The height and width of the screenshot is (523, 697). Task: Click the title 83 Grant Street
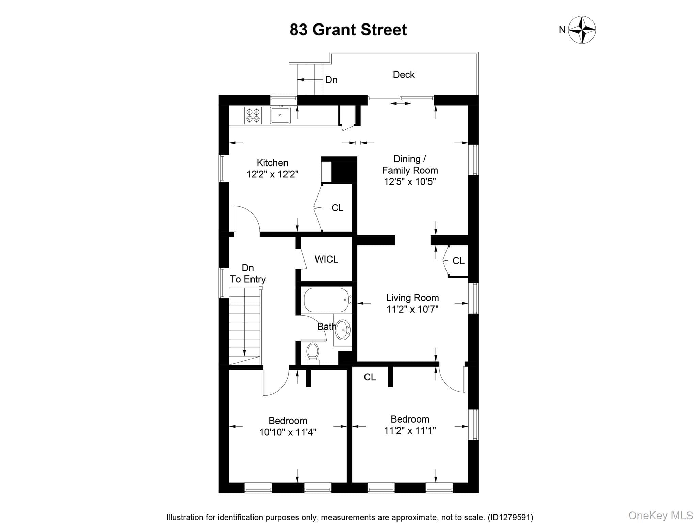click(x=348, y=30)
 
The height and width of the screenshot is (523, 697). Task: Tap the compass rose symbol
click(x=582, y=30)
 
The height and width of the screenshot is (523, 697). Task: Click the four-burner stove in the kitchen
click(x=253, y=115)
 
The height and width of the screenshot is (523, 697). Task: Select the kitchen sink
click(x=280, y=115)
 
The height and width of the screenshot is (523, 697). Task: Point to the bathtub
click(x=327, y=300)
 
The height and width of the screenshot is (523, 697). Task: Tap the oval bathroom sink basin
click(x=343, y=330)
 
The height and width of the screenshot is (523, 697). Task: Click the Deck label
click(x=404, y=75)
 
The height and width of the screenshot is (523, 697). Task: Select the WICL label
click(x=326, y=259)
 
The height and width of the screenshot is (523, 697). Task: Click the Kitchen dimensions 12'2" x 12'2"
click(x=273, y=174)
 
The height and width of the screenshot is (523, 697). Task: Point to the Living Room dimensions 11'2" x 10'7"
click(x=412, y=309)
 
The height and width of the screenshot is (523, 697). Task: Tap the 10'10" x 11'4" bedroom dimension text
click(x=288, y=432)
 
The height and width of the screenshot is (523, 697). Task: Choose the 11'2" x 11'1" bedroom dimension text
click(x=410, y=431)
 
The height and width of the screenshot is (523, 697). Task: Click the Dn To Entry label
click(x=248, y=273)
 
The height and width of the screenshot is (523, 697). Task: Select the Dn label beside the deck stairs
click(x=331, y=80)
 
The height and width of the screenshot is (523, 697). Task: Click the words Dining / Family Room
click(x=410, y=164)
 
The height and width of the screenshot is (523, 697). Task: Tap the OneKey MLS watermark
click(x=661, y=515)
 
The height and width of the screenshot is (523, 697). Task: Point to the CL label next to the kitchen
click(x=338, y=208)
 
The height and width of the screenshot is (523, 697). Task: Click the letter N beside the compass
click(x=562, y=30)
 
